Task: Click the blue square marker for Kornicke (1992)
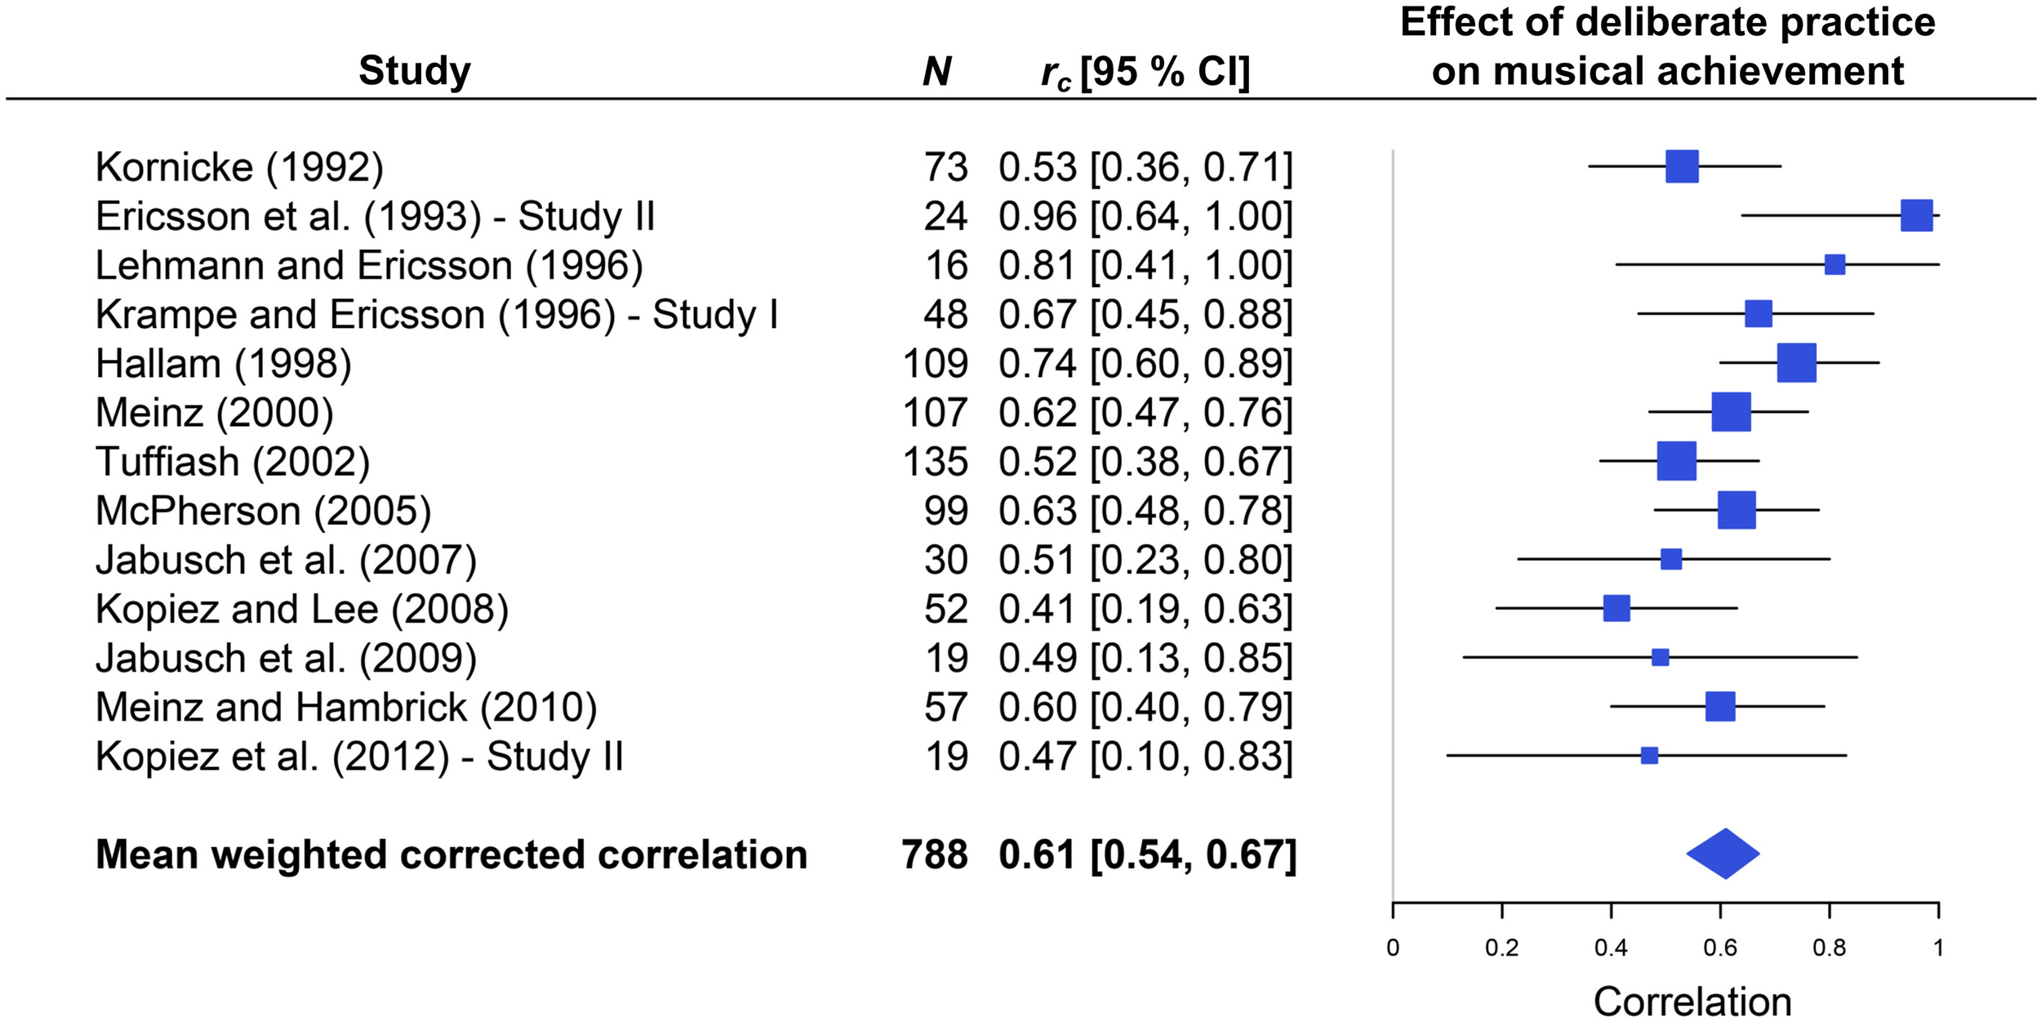pos(1682,166)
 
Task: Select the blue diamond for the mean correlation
pos(1723,854)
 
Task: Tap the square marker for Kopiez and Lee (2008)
pos(1616,608)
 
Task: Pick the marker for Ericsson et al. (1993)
pos(1916,215)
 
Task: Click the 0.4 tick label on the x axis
pos(1611,948)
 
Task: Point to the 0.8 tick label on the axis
pos(1829,948)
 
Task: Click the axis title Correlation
pos(1692,1001)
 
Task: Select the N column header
pos(936,72)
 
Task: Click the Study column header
pos(415,71)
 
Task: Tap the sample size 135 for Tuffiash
pos(936,462)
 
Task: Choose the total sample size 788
pos(935,855)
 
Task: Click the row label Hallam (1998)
pos(223,364)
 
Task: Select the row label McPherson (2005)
pos(263,512)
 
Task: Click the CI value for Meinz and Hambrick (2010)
pos(1145,708)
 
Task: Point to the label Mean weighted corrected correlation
pos(451,855)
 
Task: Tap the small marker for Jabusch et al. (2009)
pos(1660,658)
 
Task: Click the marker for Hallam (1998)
pos(1796,363)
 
